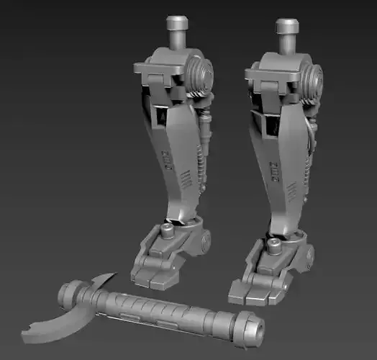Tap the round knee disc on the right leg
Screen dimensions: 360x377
tap(313, 81)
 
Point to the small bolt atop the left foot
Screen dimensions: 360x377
tap(167, 230)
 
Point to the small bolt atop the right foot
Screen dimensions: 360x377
tap(274, 247)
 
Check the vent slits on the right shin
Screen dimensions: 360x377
tap(293, 190)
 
